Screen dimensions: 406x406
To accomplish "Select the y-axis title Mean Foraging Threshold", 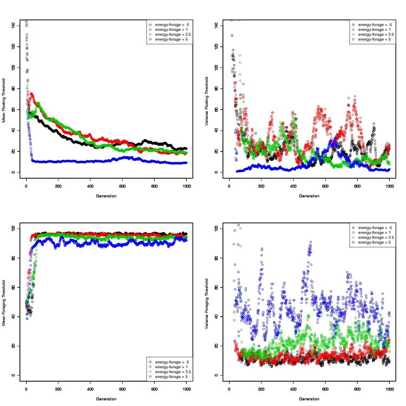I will (x=4, y=300).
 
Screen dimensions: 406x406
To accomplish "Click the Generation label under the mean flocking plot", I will (x=106, y=196).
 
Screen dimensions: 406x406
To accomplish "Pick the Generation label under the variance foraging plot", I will (x=309, y=399).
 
